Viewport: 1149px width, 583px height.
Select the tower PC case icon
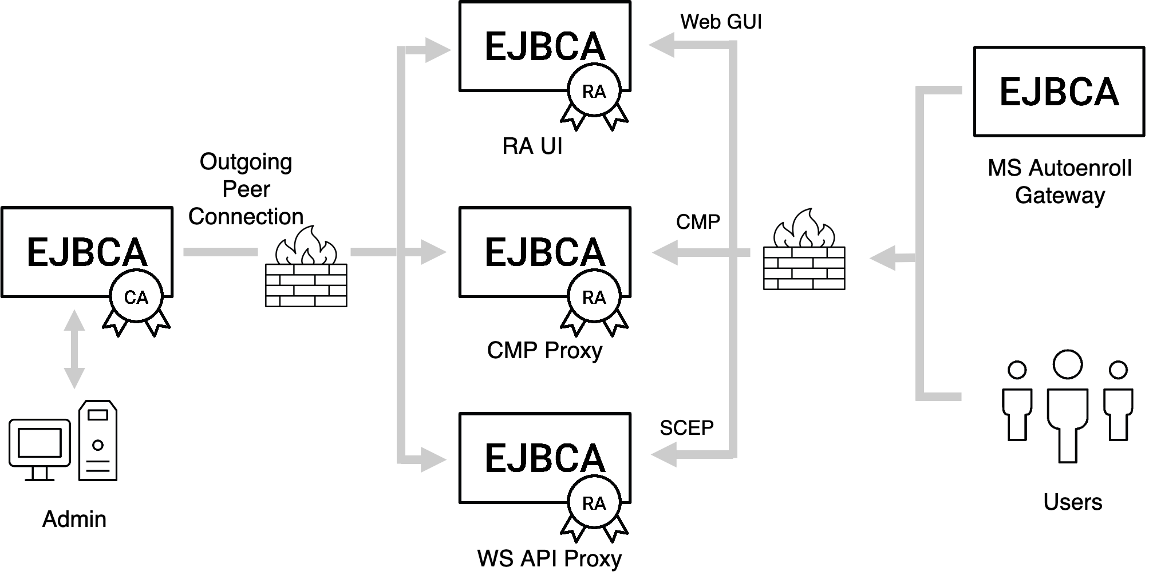click(x=98, y=440)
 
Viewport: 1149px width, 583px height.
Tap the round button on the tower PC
click(x=98, y=445)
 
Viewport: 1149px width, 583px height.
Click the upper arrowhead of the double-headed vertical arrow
click(x=74, y=320)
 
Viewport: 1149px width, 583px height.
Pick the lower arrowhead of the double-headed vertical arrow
click(x=74, y=378)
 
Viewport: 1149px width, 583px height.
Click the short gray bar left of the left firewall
click(x=220, y=252)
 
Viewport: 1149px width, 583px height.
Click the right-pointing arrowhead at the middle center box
click(x=433, y=252)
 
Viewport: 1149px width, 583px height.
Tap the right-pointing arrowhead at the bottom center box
click(x=433, y=459)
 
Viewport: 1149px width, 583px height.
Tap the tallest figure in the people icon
click(x=1067, y=400)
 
